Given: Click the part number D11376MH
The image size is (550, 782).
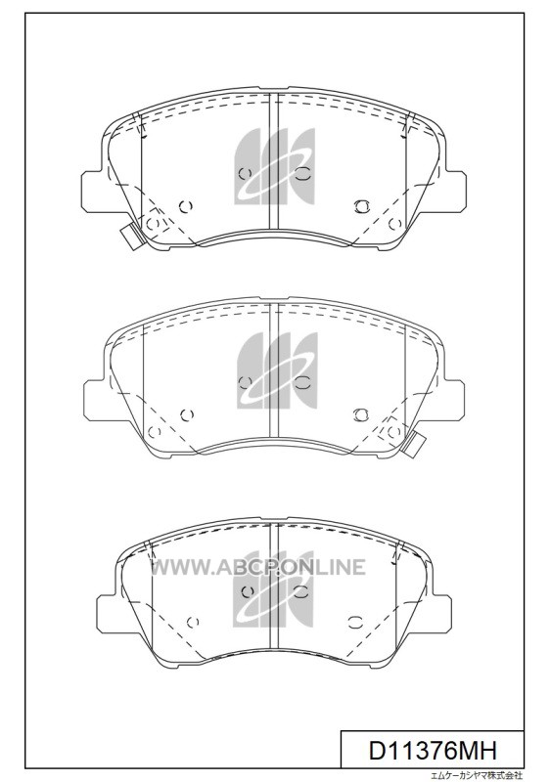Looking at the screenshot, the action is point(433,750).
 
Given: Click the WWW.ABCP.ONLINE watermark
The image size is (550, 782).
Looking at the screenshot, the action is point(258,567).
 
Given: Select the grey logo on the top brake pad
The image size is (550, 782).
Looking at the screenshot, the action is point(274,166).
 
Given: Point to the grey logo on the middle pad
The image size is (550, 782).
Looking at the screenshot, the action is point(277,370).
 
